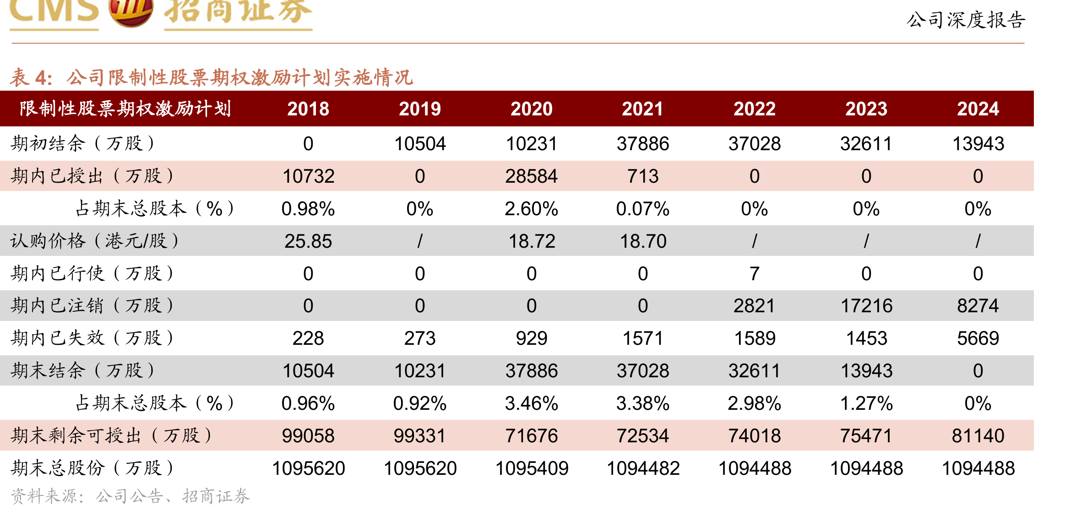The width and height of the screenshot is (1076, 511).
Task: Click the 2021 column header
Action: pyautogui.click(x=643, y=109)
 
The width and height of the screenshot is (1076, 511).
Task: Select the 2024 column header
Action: pyautogui.click(x=978, y=109)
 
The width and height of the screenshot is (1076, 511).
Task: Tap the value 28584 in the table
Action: pyautogui.click(x=531, y=176)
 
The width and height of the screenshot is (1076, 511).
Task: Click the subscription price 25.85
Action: pyautogui.click(x=308, y=241)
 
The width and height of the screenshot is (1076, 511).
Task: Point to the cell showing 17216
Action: pyautogui.click(x=866, y=306)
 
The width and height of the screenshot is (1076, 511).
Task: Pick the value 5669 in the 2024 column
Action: pyautogui.click(x=978, y=338)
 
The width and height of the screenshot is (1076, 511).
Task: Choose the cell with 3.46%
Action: pyautogui.click(x=531, y=403)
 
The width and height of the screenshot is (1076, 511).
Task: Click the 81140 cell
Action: pyautogui.click(x=978, y=436)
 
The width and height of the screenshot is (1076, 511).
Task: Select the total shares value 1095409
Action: pyautogui.click(x=532, y=468)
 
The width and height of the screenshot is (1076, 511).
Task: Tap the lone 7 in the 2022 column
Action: pyautogui.click(x=755, y=274)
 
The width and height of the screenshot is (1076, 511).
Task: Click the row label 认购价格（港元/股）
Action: pyautogui.click(x=95, y=241)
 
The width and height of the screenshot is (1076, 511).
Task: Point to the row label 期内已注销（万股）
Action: pyautogui.click(x=92, y=306)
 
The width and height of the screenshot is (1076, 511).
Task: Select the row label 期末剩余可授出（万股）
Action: pyautogui.click(x=111, y=436)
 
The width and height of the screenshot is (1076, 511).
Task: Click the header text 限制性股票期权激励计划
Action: pyautogui.click(x=125, y=109)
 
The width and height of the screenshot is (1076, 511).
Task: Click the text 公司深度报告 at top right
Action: pyautogui.click(x=966, y=20)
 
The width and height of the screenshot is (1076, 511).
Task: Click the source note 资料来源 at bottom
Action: pyautogui.click(x=130, y=496)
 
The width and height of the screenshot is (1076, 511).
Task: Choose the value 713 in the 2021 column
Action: pyautogui.click(x=643, y=176)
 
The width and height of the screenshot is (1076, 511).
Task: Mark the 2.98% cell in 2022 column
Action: pyautogui.click(x=755, y=403)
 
